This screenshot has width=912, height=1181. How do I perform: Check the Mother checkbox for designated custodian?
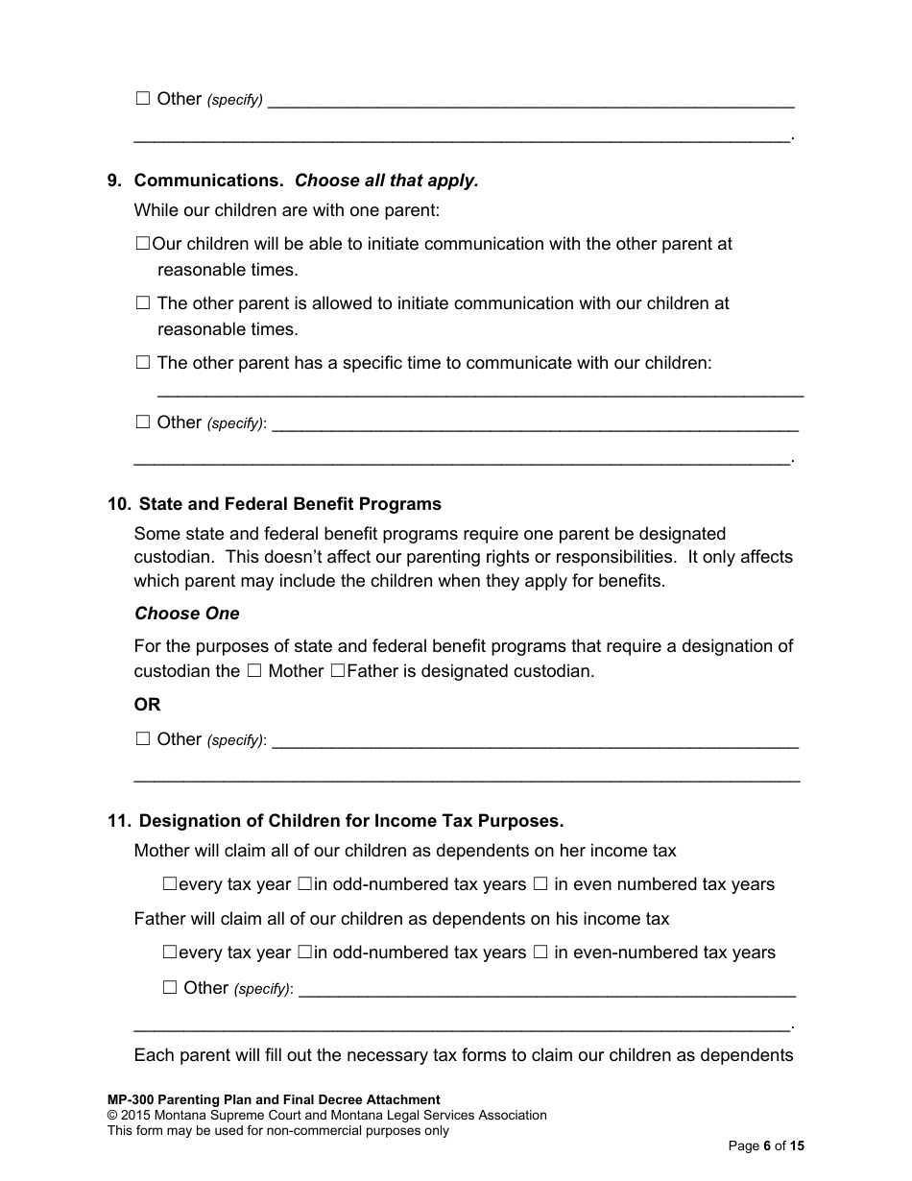pos(254,671)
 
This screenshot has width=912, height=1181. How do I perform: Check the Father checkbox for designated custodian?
pos(337,671)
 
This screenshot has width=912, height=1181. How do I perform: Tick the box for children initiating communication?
pos(143,244)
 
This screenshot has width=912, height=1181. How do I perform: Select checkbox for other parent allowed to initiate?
pos(143,303)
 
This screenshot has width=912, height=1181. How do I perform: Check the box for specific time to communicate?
pos(143,363)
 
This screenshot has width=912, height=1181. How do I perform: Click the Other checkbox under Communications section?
pos(143,422)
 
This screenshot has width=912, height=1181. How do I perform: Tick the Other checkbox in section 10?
pos(143,738)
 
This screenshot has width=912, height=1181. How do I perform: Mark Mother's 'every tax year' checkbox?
pos(170,884)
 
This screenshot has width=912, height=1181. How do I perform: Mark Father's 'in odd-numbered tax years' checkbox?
pos(304,952)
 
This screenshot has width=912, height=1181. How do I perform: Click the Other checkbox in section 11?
pos(170,987)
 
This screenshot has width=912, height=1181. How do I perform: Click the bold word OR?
pos(147,705)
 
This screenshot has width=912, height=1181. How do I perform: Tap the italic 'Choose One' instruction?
pos(187,614)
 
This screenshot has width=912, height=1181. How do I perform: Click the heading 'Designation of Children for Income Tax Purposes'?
pos(351,821)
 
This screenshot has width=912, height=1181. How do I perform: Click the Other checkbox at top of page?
pos(143,98)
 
